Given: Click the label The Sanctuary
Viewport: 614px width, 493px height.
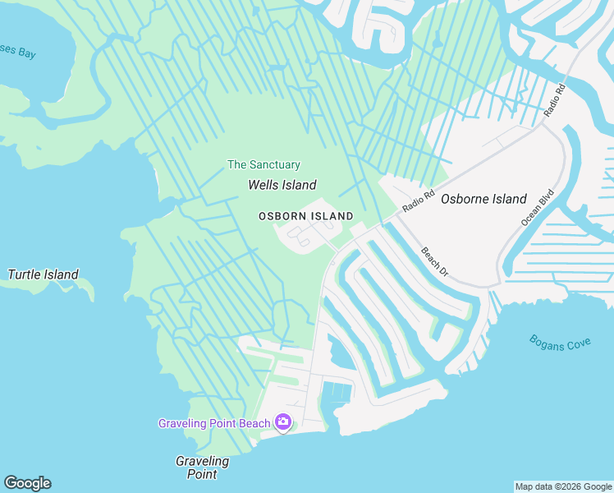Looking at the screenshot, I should click(x=263, y=165).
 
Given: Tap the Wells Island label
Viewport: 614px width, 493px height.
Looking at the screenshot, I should click(x=282, y=186).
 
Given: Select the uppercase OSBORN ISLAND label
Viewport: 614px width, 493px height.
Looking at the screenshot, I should click(x=306, y=216).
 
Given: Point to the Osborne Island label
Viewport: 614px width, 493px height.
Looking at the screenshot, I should click(x=483, y=199).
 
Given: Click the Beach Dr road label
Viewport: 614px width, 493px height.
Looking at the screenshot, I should click(x=435, y=262).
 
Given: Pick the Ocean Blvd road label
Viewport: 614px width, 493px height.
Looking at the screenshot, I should click(x=538, y=208).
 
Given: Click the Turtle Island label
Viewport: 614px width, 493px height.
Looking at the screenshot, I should click(x=43, y=274).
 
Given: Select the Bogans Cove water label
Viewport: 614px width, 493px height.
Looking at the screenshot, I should click(x=560, y=342).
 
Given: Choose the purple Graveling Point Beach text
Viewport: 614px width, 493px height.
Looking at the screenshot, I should click(x=214, y=423).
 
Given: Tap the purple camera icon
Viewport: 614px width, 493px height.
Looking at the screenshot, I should click(x=283, y=422).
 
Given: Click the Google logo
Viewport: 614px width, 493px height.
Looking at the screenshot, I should click(x=27, y=483).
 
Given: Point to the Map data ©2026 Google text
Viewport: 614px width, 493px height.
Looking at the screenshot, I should click(x=563, y=486).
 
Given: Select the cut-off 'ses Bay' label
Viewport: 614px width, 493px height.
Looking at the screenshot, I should click(x=18, y=53).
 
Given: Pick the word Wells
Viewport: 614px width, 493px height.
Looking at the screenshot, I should click(x=264, y=186).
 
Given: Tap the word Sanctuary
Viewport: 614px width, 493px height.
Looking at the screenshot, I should click(x=275, y=165).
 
